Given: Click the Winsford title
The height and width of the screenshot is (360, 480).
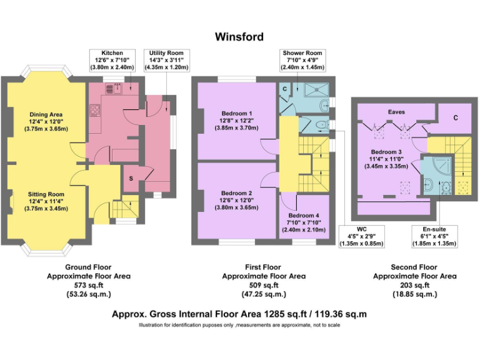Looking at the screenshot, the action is pos(239,37).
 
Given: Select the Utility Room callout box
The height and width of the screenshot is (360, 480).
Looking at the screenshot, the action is pos(166,60).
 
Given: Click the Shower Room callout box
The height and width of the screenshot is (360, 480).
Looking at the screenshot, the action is pos(302,60).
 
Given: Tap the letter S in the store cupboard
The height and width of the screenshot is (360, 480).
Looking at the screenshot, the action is pos(131,178).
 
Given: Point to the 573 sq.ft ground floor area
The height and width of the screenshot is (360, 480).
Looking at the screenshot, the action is pos(89,285).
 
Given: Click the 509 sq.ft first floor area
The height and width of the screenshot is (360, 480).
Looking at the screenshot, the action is pos(264,285).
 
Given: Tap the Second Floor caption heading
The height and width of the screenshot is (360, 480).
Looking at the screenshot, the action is pos(415,266).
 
